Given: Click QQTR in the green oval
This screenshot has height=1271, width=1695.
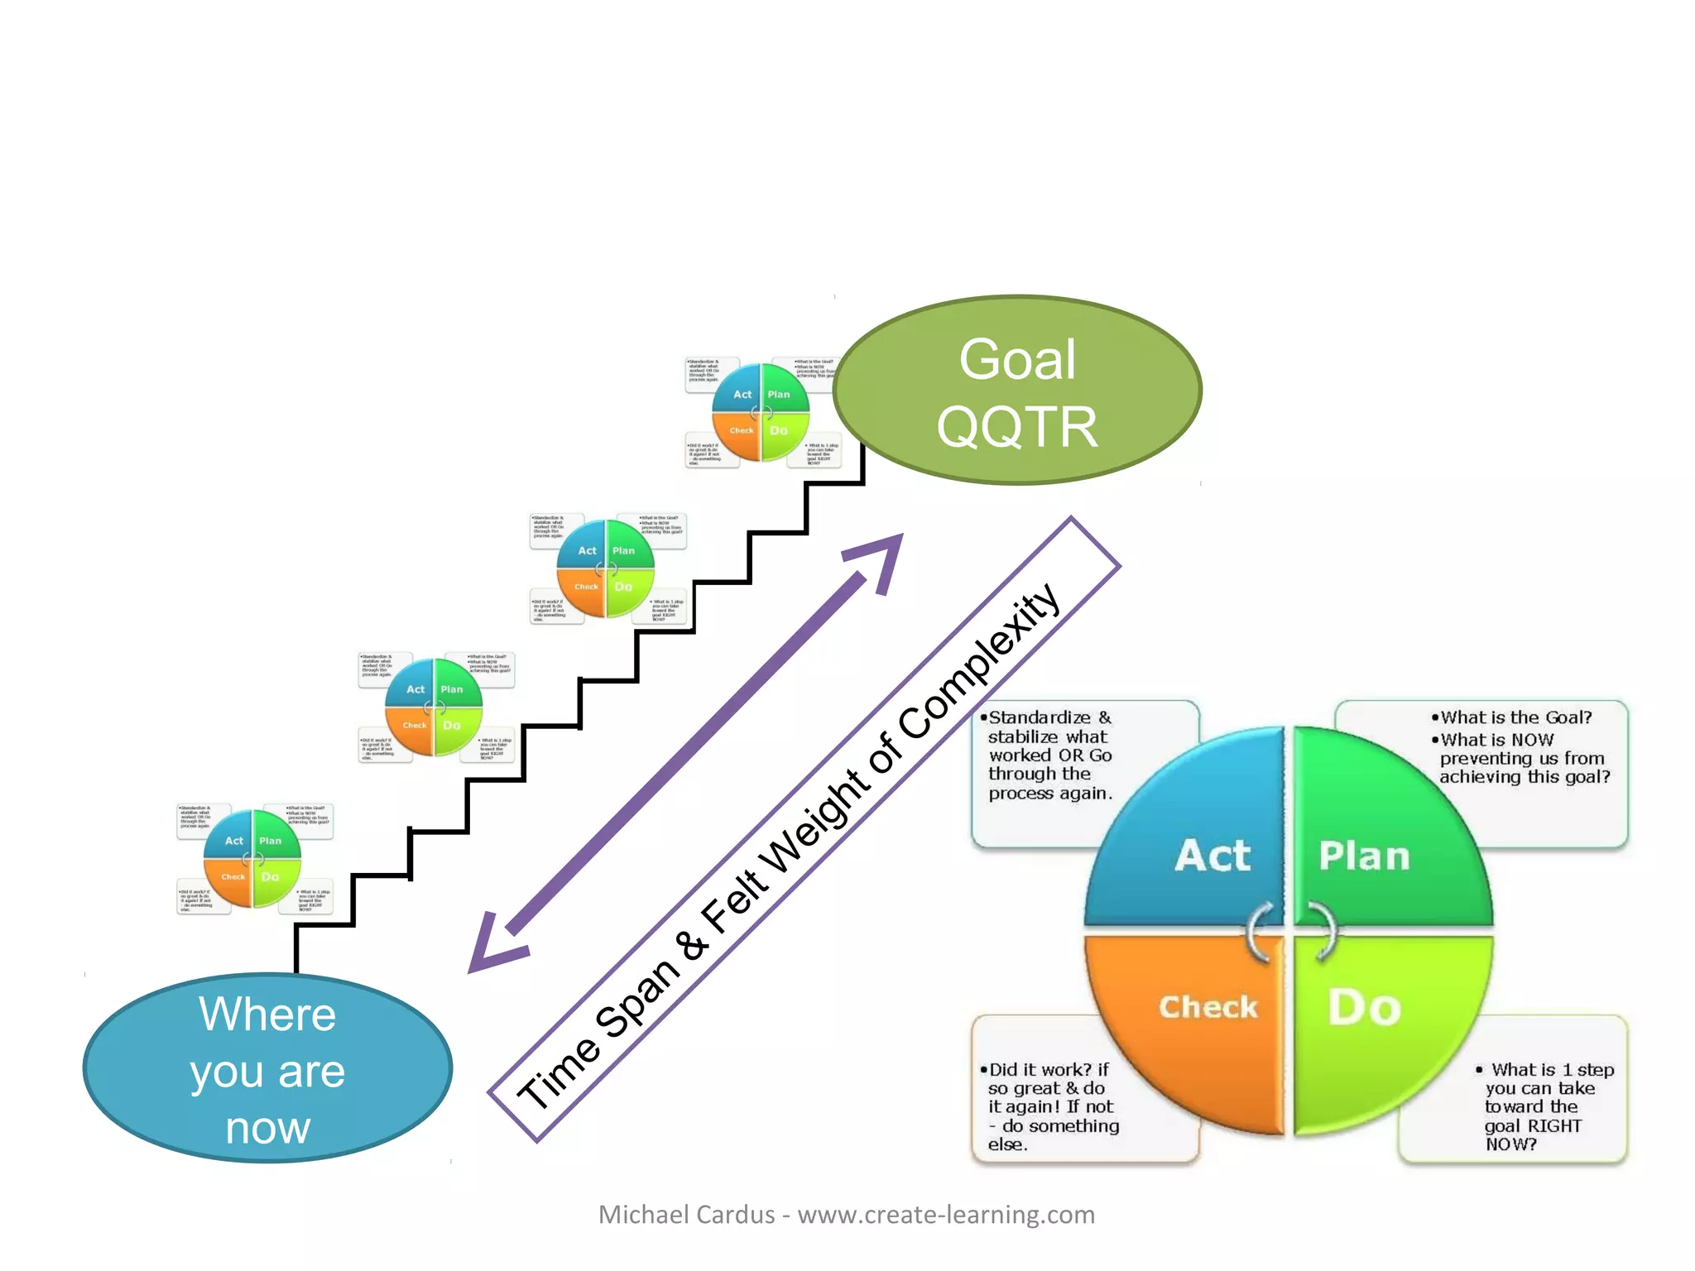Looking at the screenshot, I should click(x=1017, y=427).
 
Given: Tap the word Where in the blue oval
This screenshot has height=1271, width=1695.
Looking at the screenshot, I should click(x=267, y=1014).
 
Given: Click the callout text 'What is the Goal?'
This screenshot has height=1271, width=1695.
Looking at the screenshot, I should click(x=1516, y=717).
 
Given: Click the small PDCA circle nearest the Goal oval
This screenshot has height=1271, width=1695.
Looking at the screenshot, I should click(x=761, y=412).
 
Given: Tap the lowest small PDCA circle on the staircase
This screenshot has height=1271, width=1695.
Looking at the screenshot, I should click(x=252, y=859).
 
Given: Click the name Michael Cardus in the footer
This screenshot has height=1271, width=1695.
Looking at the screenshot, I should click(x=686, y=1215).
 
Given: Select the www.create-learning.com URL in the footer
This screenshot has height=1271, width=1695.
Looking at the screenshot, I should click(x=945, y=1215).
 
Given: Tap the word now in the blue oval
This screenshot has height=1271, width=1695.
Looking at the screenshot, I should click(x=267, y=1128).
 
